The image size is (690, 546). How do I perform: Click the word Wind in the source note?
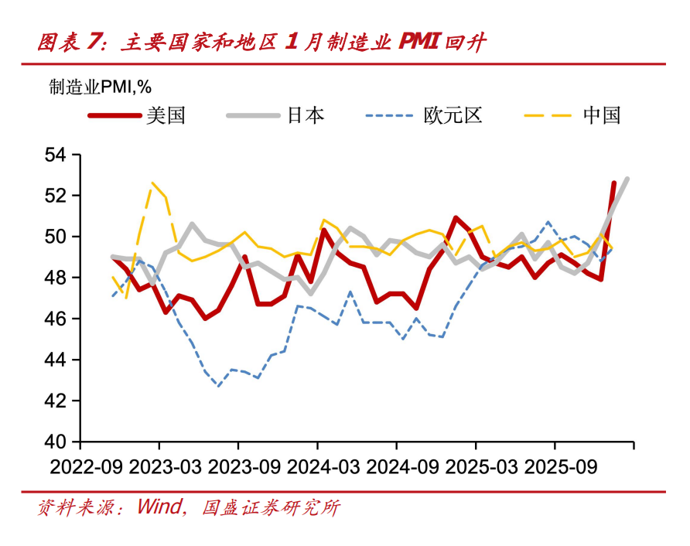[158, 508]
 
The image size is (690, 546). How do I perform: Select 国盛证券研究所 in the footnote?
[271, 508]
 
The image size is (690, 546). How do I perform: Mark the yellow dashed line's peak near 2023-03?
[152, 183]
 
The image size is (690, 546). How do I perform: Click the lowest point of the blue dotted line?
[219, 386]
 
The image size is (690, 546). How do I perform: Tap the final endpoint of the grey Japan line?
[627, 179]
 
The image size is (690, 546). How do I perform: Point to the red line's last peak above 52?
[614, 183]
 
